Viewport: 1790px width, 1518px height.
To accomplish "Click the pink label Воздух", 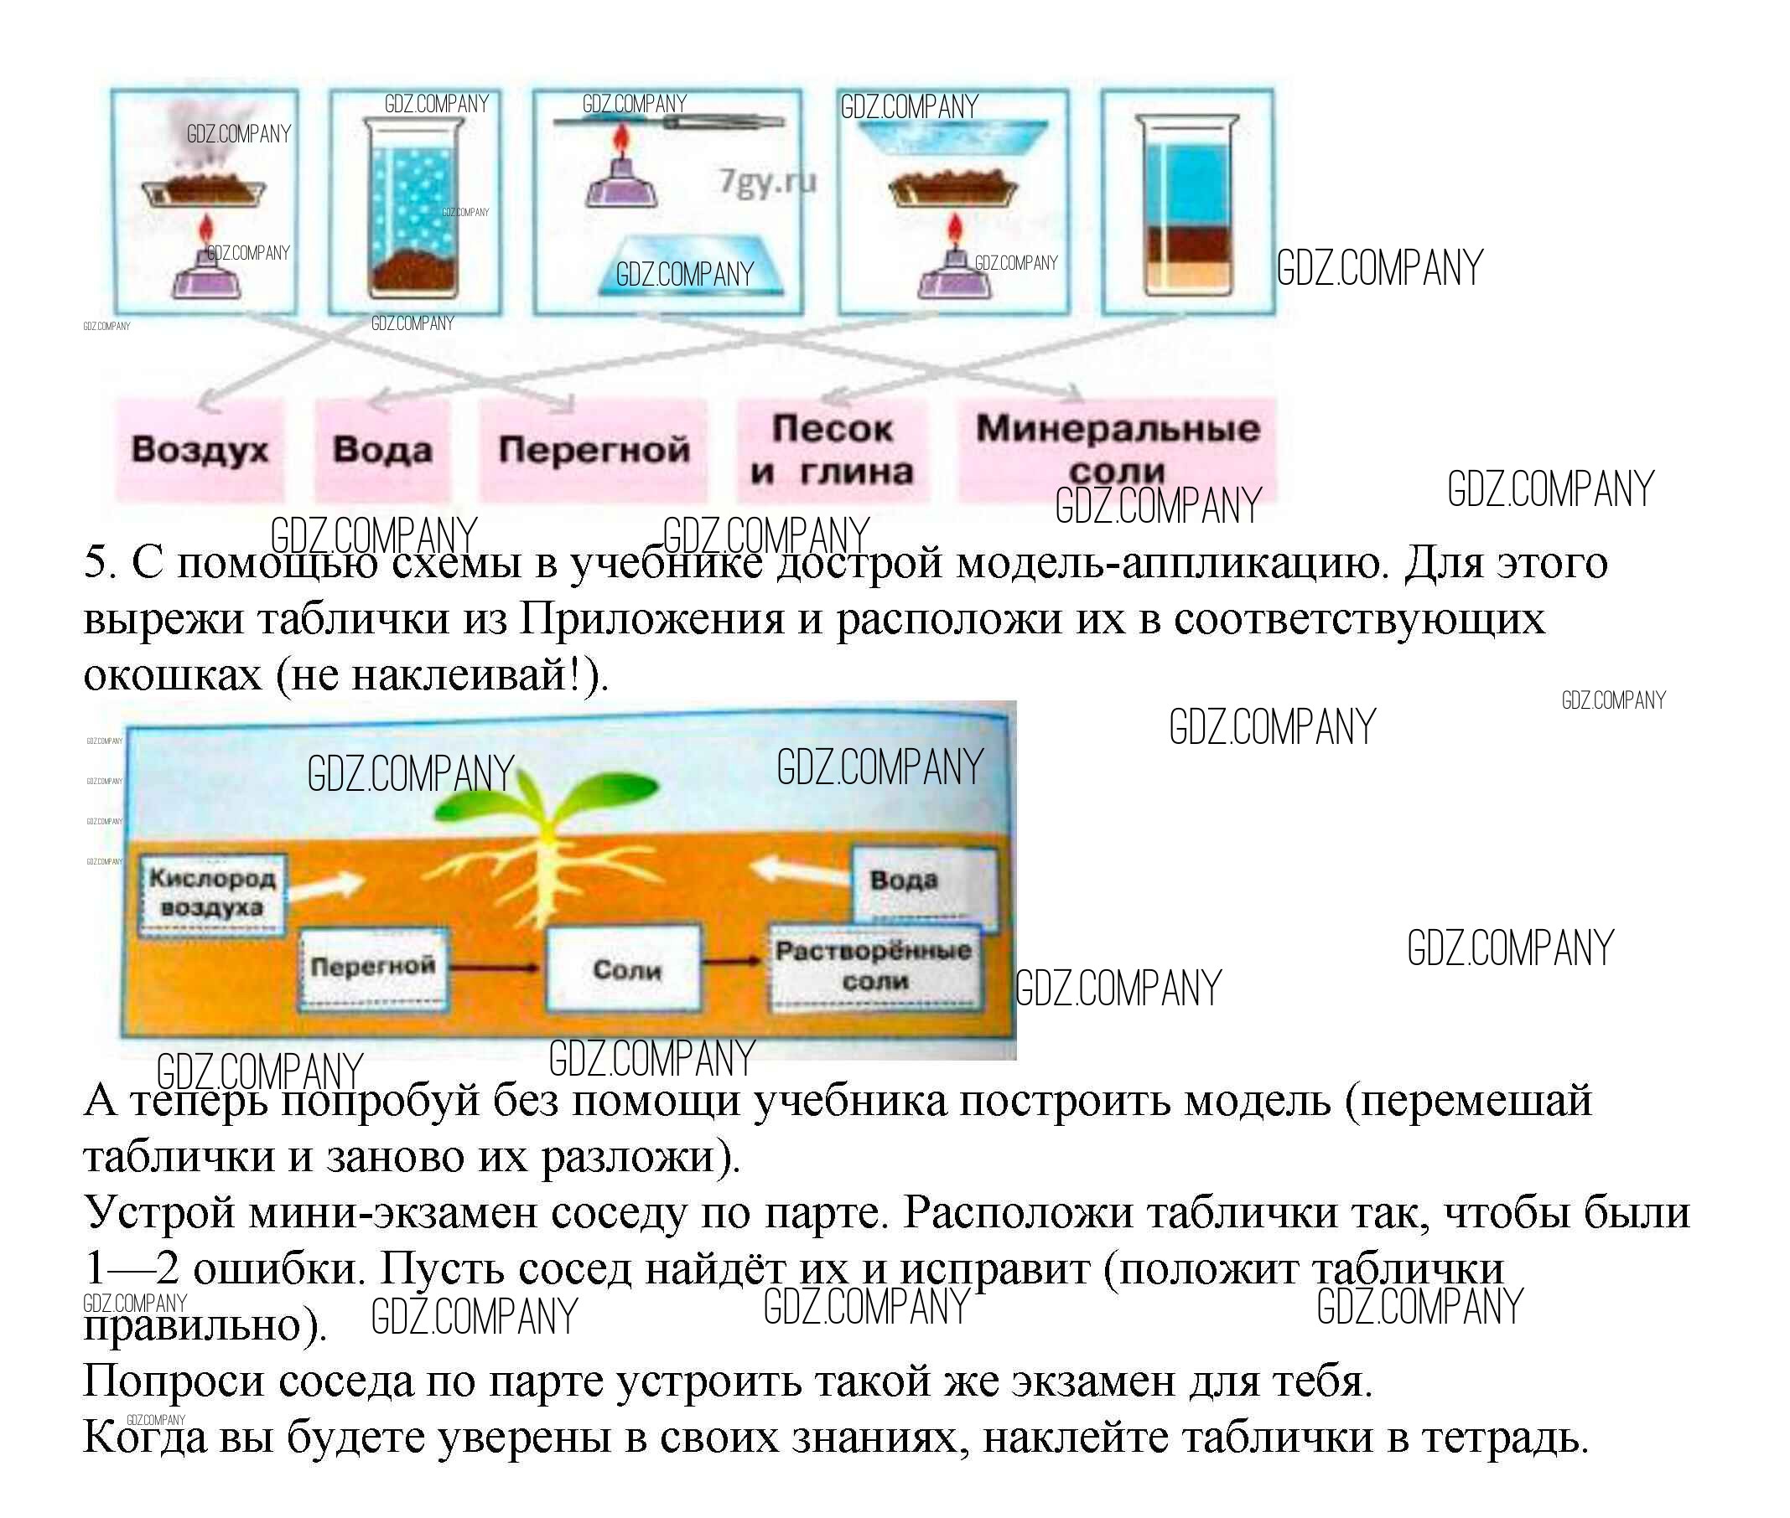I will click(x=200, y=449).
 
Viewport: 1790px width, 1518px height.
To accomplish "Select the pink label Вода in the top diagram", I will click(x=381, y=449).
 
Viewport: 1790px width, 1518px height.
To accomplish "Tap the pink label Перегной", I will click(x=594, y=449).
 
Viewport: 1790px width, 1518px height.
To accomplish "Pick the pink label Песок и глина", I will click(x=832, y=449).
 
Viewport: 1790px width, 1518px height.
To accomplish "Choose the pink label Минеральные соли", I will click(x=1117, y=449).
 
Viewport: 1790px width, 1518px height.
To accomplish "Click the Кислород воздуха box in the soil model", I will click(x=212, y=892).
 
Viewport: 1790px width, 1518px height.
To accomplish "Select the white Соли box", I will click(x=626, y=970).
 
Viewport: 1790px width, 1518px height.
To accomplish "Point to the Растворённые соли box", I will click(x=874, y=966).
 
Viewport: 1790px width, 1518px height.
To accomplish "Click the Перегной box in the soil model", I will click(x=373, y=967).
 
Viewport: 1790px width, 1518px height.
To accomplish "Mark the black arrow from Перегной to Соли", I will click(x=495, y=968).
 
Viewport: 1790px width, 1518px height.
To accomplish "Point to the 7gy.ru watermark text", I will click(x=767, y=182).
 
